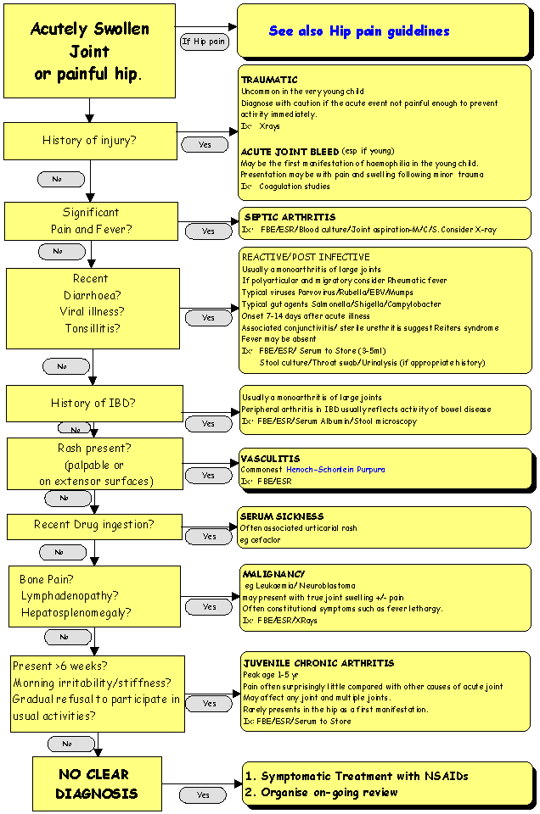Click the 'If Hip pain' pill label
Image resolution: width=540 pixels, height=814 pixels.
[204, 41]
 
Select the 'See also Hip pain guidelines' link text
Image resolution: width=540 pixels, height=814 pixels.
[359, 31]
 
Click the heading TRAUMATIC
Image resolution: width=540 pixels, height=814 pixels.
[269, 80]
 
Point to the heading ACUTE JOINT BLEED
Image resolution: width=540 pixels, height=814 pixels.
[290, 152]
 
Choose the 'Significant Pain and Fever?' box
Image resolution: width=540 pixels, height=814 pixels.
[90, 220]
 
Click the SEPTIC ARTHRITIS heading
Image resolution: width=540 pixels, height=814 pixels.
[290, 217]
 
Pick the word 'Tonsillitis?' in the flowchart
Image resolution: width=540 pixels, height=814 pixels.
[93, 329]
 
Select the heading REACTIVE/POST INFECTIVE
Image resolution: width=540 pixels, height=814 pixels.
[306, 257]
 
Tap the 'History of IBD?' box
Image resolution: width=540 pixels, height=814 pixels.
[93, 403]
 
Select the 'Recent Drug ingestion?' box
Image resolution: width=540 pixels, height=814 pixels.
[93, 525]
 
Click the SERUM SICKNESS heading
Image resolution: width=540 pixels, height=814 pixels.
[281, 516]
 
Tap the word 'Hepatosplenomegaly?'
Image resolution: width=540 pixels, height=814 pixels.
[76, 612]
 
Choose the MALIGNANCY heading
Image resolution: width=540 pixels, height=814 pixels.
[273, 575]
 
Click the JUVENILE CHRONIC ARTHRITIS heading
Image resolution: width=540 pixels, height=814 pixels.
[318, 663]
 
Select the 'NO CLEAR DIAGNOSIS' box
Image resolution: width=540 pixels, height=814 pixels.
[96, 784]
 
